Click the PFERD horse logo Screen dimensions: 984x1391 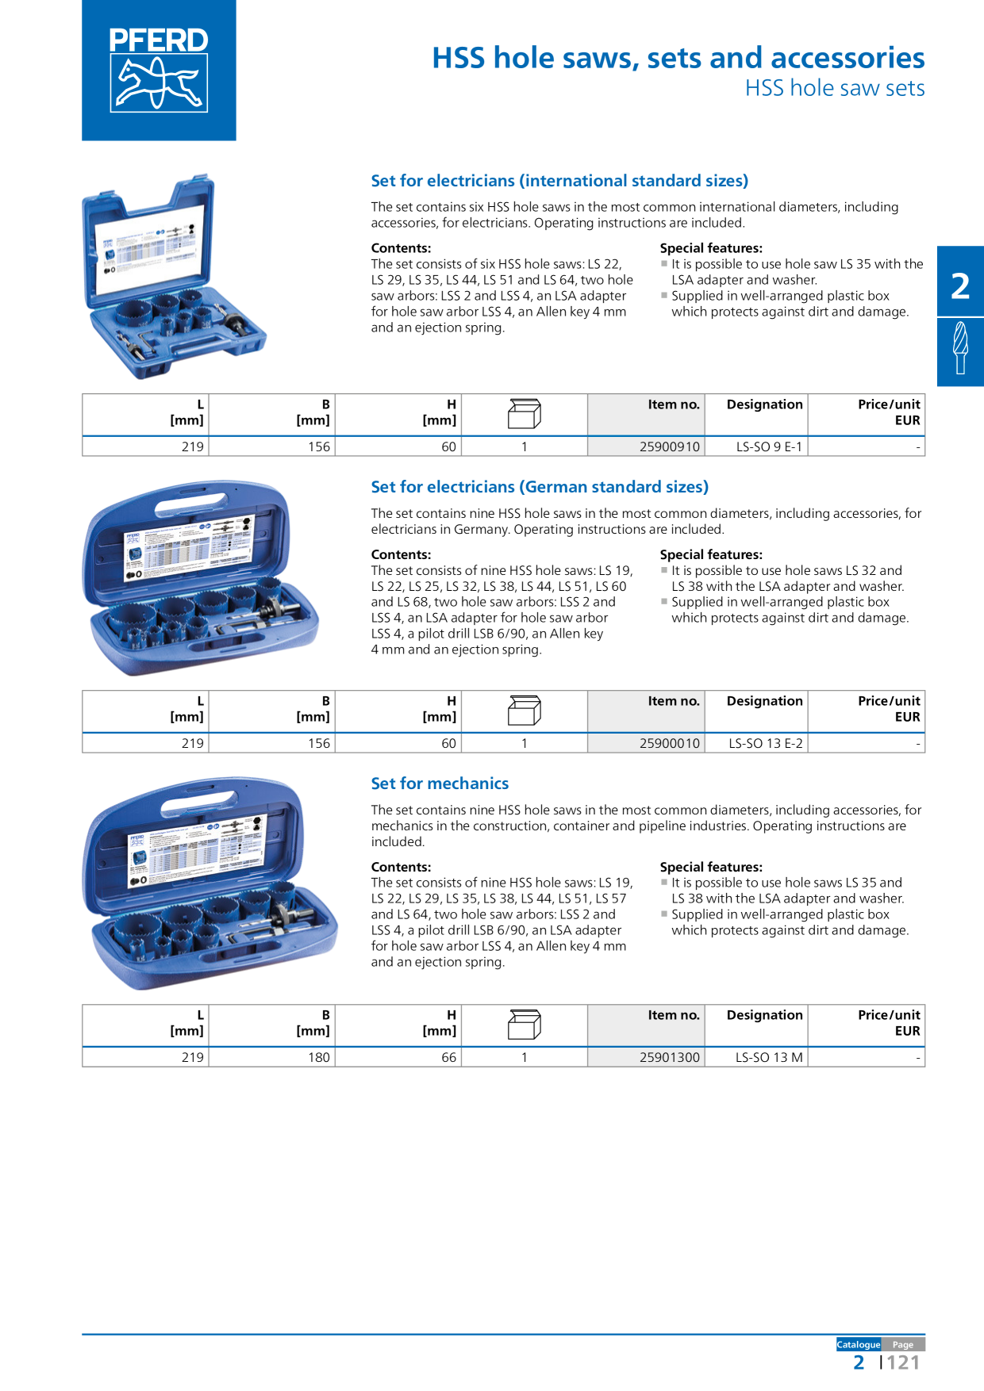pos(159,71)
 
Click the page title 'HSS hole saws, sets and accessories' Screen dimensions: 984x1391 pos(678,58)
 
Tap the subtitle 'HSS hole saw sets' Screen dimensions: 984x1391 pos(835,88)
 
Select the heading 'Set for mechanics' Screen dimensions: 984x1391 pos(440,784)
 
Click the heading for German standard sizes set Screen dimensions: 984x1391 pos(540,487)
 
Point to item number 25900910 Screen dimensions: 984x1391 pos(670,446)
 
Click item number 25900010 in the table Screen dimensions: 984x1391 pos(670,743)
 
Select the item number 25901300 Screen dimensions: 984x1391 pos(670,1057)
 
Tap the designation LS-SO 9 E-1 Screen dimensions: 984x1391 pos(769,446)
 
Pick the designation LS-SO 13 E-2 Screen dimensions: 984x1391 pos(766,743)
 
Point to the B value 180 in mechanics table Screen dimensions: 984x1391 pos(319,1057)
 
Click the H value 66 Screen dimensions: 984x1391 pos(448,1057)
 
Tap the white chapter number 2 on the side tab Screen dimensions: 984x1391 pos(960,286)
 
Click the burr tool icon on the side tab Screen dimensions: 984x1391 pos(960,347)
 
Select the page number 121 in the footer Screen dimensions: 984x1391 pos(903,1362)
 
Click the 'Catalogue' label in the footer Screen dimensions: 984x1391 pos(859,1344)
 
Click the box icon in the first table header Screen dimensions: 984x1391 pos(525,414)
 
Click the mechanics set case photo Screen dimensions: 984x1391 pos(210,883)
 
